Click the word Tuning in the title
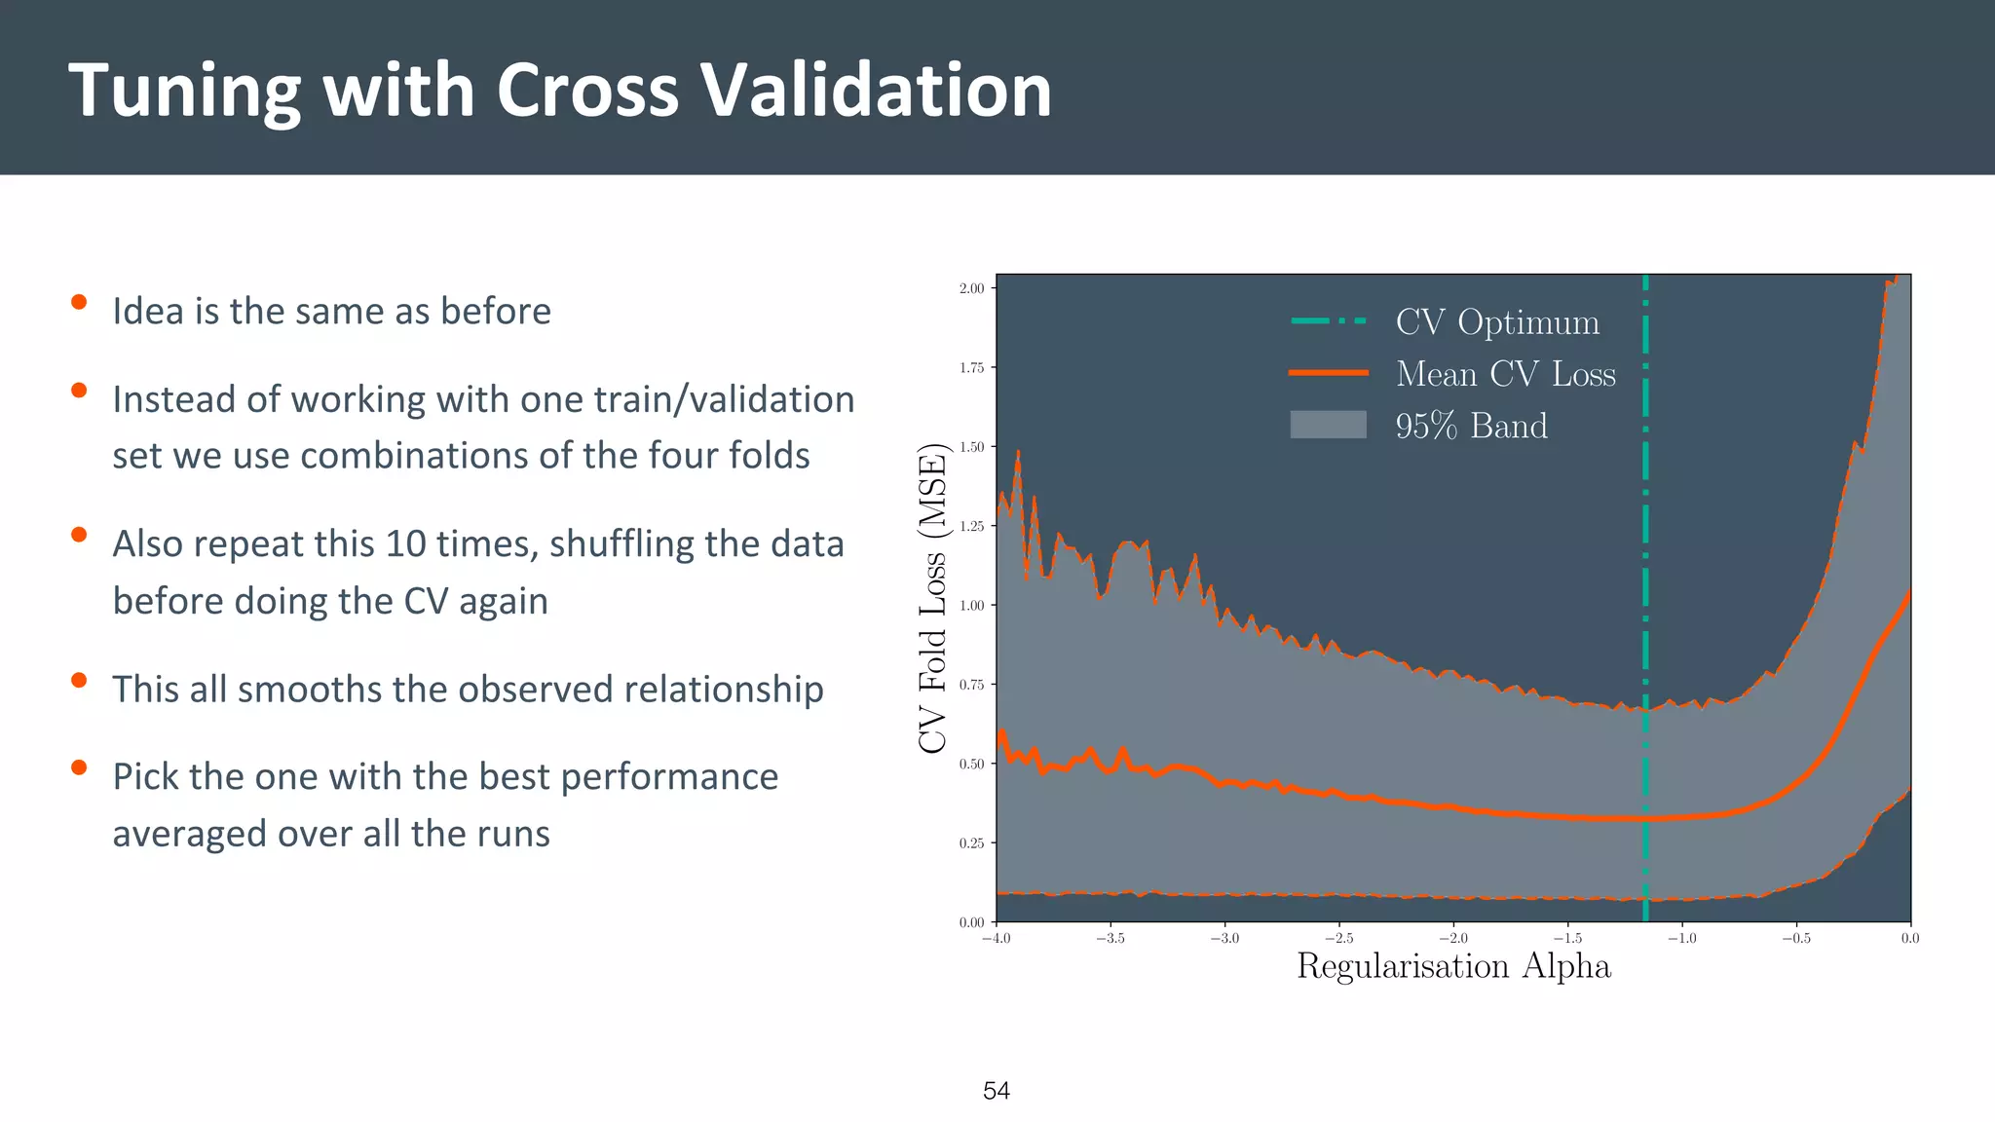184,92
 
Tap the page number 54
996,1091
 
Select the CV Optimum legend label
1496,322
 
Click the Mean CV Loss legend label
1505,374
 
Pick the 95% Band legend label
1471,426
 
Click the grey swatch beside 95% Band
1328,425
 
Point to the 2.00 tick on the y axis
971,288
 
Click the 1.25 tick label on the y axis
971,526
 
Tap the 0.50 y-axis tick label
971,764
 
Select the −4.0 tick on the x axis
996,938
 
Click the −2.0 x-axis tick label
1452,938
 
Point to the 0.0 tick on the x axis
1909,938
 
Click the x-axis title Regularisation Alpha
1453,966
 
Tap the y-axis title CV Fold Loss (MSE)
932,598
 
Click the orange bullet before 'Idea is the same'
79,303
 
